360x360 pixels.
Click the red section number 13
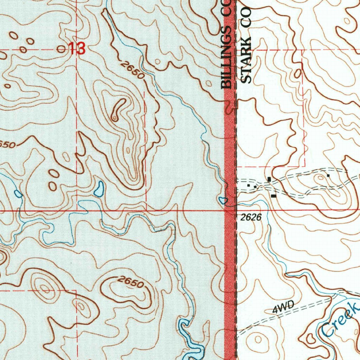(x=77, y=49)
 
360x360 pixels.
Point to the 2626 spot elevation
(x=252, y=218)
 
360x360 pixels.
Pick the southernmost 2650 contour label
(x=131, y=282)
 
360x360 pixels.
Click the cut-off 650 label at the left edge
(x=7, y=144)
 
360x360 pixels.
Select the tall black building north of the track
(x=269, y=179)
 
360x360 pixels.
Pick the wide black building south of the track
(x=274, y=195)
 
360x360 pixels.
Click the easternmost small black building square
(x=328, y=175)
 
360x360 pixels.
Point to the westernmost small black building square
(x=248, y=185)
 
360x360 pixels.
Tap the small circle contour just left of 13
(x=62, y=49)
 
